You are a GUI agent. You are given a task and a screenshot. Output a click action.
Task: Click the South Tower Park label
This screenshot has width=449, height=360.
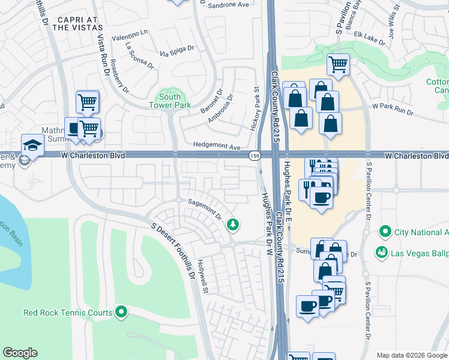pyautogui.click(x=170, y=101)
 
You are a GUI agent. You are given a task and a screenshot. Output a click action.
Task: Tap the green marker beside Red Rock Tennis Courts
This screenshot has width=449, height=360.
pyautogui.click(x=122, y=312)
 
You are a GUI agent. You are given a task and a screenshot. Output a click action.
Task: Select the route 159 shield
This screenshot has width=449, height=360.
pyautogui.click(x=255, y=155)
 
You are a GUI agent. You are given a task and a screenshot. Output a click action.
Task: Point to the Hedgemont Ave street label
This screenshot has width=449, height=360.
pyautogui.click(x=217, y=146)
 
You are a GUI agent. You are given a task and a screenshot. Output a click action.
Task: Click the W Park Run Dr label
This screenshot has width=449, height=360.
pyautogui.click(x=393, y=109)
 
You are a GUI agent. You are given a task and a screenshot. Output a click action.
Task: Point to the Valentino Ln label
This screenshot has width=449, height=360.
pyautogui.click(x=128, y=32)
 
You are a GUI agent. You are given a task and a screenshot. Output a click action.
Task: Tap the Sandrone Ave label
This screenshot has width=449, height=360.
pyautogui.click(x=228, y=5)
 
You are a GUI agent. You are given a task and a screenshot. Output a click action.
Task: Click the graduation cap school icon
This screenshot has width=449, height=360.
pyautogui.click(x=32, y=144)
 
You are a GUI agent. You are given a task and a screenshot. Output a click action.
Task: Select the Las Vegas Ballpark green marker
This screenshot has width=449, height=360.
pyautogui.click(x=381, y=253)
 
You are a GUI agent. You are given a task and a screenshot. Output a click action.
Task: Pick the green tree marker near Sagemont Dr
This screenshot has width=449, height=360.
pyautogui.click(x=233, y=225)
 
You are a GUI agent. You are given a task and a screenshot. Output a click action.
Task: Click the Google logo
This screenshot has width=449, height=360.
pyautogui.click(x=20, y=353)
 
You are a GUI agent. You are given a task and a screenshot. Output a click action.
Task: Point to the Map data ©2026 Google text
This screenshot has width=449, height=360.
pyautogui.click(x=411, y=355)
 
